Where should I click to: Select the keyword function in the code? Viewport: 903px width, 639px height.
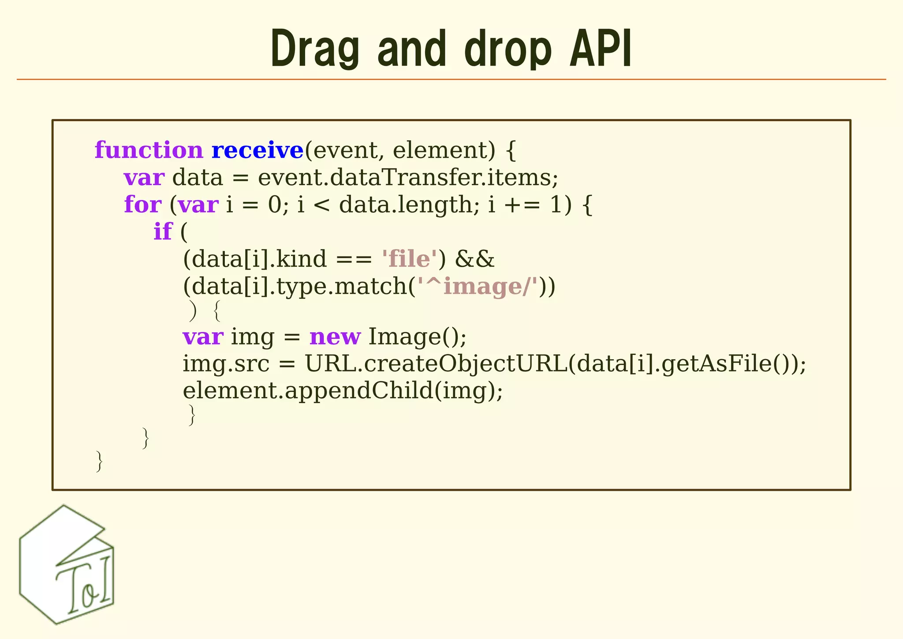[x=149, y=151]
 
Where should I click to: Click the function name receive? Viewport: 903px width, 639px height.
[x=257, y=151]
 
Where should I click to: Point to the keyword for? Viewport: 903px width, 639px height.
[x=142, y=205]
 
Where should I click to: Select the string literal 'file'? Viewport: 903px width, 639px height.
[x=409, y=259]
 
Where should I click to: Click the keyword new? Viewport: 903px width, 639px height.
[x=335, y=337]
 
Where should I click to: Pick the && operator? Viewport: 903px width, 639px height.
[x=474, y=259]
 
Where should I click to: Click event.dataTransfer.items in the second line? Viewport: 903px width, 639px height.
[x=408, y=178]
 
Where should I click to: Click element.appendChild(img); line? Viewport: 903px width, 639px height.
[x=343, y=391]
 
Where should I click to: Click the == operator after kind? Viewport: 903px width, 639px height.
[x=354, y=259]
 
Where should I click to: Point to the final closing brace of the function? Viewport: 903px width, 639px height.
[x=99, y=461]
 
